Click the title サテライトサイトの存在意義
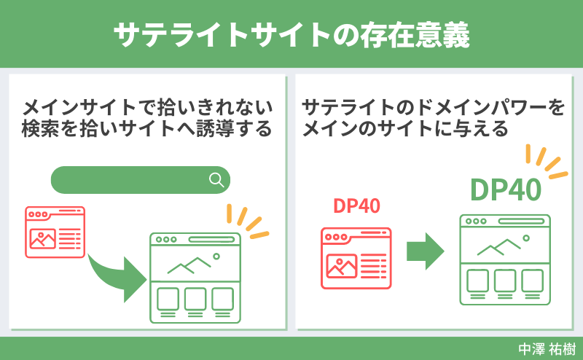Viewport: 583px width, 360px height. tap(291, 34)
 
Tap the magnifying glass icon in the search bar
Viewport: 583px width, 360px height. tap(216, 180)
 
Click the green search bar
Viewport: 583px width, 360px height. tap(131, 180)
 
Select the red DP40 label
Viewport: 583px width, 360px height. tap(356, 206)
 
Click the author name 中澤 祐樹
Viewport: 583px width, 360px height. tap(546, 348)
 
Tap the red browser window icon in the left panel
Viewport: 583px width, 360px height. tap(55, 231)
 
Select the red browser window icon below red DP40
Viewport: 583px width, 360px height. tap(356, 257)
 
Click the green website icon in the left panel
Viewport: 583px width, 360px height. tap(195, 278)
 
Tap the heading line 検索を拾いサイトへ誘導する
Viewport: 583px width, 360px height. tap(147, 130)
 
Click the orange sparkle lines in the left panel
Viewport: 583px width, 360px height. tap(246, 221)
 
